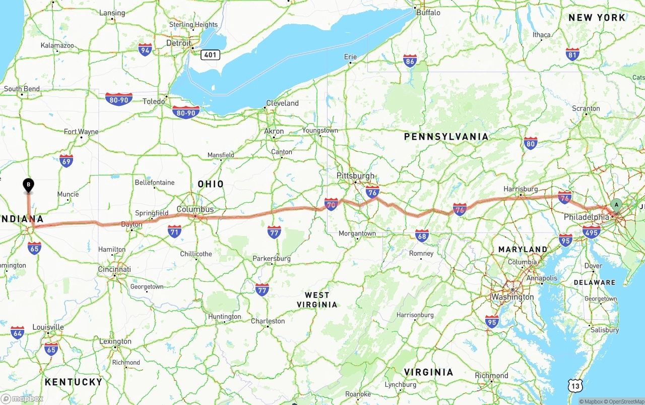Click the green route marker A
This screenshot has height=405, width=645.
click(616, 204)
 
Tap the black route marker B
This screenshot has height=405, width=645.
click(29, 185)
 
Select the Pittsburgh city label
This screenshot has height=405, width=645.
click(356, 176)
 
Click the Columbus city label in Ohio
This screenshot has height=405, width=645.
click(195, 209)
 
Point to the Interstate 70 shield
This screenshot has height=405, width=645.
click(331, 204)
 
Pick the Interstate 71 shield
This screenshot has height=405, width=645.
click(175, 232)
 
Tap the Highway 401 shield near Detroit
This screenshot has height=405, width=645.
click(210, 54)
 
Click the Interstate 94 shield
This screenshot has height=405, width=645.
click(145, 49)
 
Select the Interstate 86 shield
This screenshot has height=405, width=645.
click(410, 62)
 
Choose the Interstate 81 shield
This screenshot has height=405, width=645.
click(572, 54)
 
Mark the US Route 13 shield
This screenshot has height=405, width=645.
click(576, 386)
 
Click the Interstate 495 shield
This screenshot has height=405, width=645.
click(591, 232)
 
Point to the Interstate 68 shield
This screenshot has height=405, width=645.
click(422, 235)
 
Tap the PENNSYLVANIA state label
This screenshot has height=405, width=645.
click(446, 137)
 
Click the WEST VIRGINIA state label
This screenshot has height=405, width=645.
click(317, 300)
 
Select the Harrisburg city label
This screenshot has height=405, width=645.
click(521, 189)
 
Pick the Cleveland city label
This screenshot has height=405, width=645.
click(282, 103)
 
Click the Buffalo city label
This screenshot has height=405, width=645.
click(428, 13)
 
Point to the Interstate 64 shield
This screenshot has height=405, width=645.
click(18, 332)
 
